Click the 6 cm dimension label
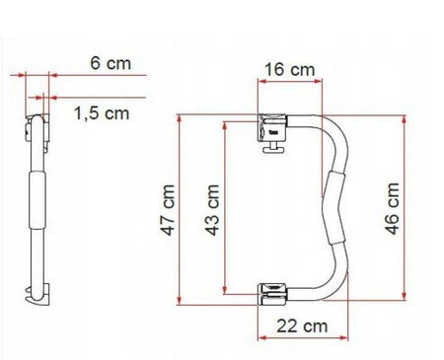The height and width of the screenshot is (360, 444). tap(111, 63)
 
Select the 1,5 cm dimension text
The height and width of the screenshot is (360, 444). tap(102, 113)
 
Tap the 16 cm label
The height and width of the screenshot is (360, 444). tap(290, 70)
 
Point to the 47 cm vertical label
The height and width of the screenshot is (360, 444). tap(168, 210)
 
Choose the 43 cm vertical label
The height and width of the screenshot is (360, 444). tap(212, 210)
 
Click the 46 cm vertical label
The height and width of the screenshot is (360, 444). tap(393, 208)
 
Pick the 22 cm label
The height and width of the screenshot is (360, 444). tap(302, 326)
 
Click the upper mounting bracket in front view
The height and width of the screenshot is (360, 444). tap(272, 127)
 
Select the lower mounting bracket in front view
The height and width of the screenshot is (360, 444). tap(272, 294)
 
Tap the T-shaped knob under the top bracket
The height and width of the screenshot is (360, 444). tap(272, 148)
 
